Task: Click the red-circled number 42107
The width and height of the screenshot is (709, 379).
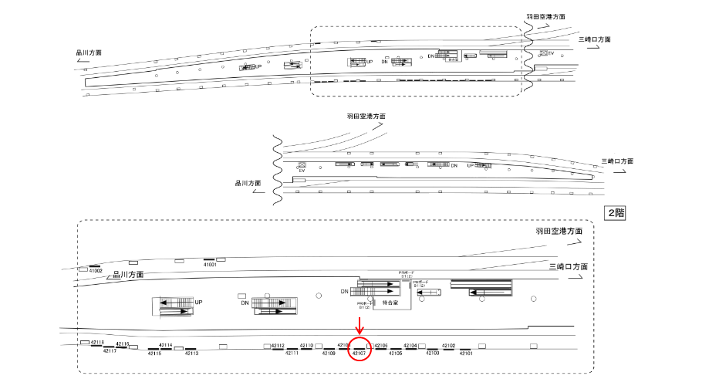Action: tap(359, 353)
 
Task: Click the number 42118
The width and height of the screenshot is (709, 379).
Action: tap(97, 341)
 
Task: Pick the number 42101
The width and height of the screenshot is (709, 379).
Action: tap(466, 353)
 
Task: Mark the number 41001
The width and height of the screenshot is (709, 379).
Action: tap(210, 265)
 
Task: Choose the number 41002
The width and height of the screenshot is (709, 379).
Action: tap(96, 271)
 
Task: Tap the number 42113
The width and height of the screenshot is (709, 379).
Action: tap(191, 353)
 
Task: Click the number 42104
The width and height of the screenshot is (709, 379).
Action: tap(410, 345)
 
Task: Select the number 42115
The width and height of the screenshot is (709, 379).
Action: tap(154, 353)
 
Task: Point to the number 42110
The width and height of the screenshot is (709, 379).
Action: tap(306, 345)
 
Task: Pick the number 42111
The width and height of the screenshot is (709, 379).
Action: tap(292, 353)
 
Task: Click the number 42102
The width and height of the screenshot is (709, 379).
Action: tap(448, 345)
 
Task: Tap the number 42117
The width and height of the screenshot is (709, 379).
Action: tap(109, 351)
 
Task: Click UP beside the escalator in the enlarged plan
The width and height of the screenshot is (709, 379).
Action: tap(198, 302)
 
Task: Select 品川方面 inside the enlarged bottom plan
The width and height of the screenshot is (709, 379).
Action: tap(128, 274)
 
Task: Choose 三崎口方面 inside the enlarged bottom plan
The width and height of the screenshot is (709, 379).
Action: tap(569, 266)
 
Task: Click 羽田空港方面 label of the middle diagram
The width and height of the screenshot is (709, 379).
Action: tap(366, 116)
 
